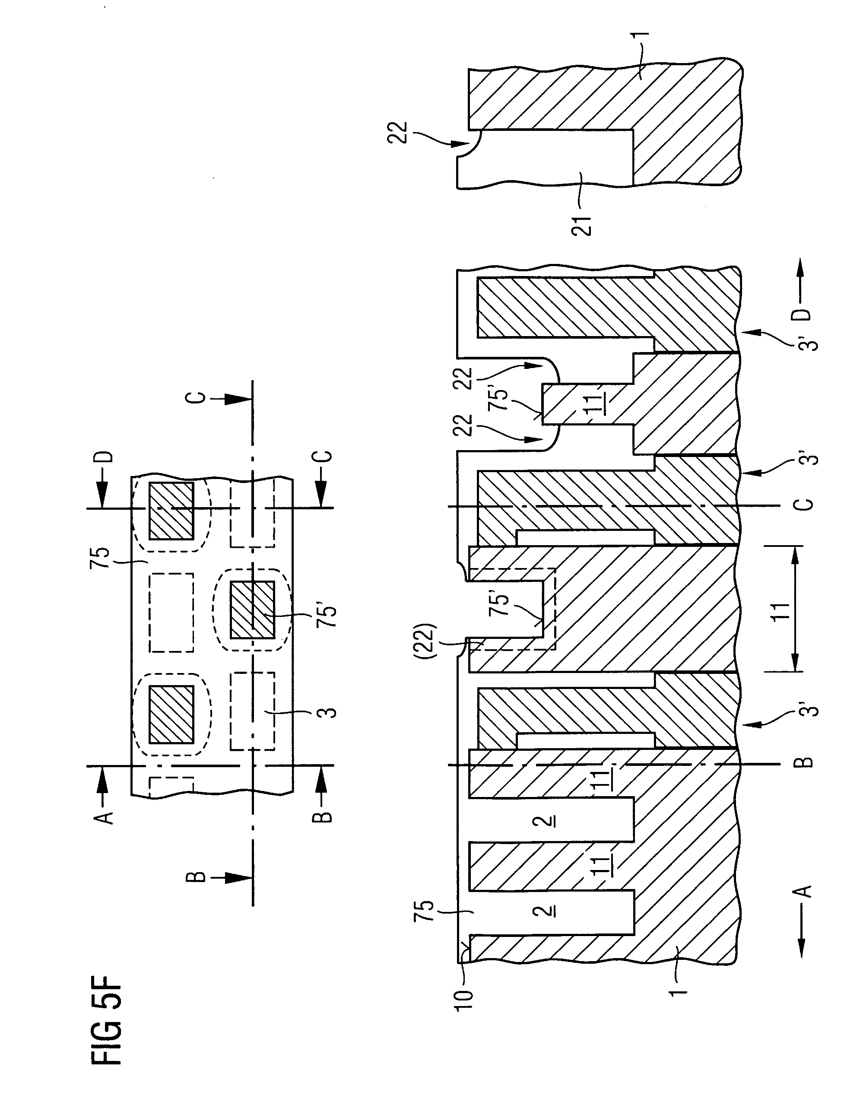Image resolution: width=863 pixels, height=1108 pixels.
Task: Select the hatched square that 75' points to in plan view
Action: (252, 610)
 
